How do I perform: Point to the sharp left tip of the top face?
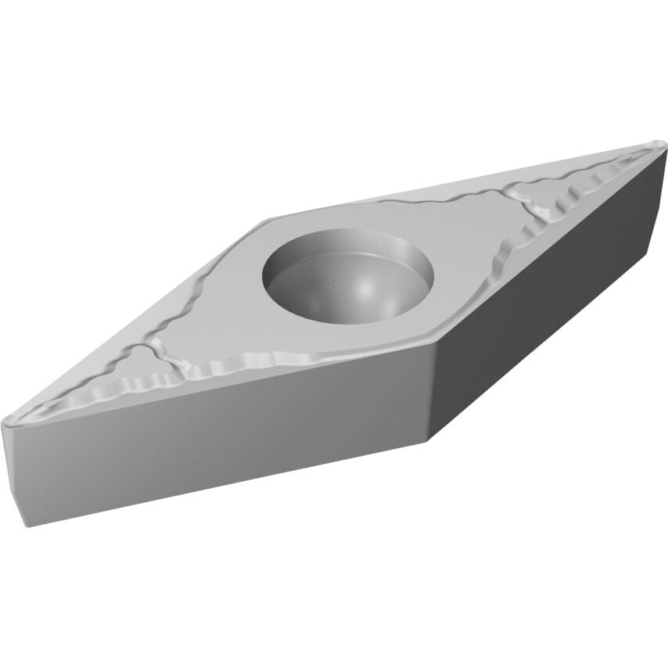click(x=6, y=423)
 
